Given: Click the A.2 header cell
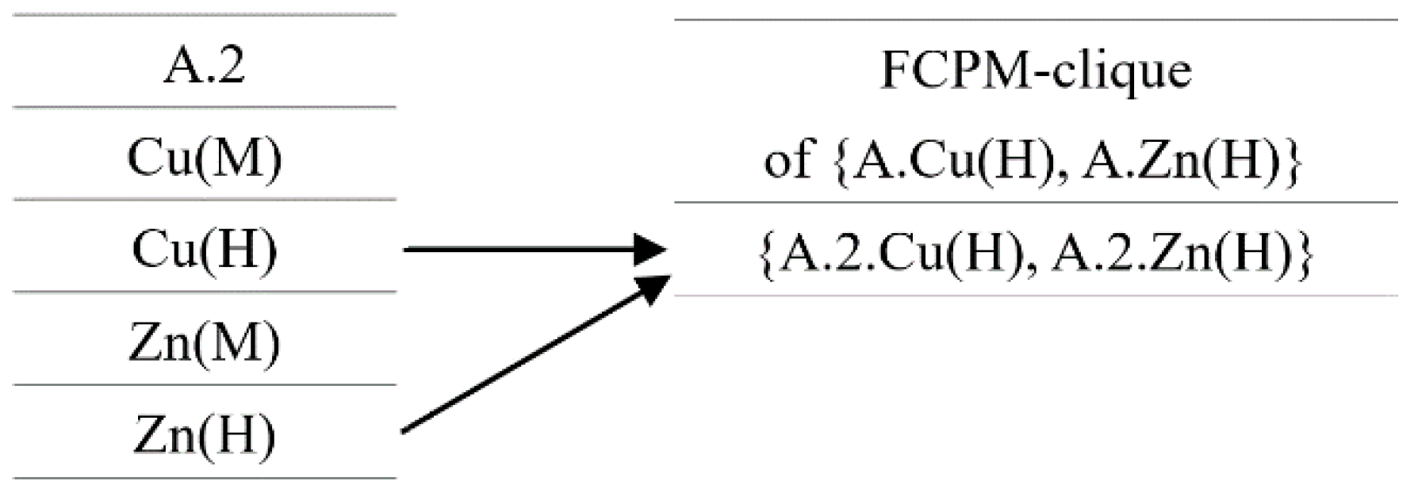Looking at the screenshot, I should (204, 65).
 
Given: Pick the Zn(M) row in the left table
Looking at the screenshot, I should (204, 342).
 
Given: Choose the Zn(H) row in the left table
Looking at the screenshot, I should (204, 434).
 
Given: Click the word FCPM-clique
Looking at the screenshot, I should (1036, 70).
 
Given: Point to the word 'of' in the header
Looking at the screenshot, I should (787, 161).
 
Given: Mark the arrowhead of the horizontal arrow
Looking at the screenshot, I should (652, 250).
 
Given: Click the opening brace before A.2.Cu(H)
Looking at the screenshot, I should (767, 256).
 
